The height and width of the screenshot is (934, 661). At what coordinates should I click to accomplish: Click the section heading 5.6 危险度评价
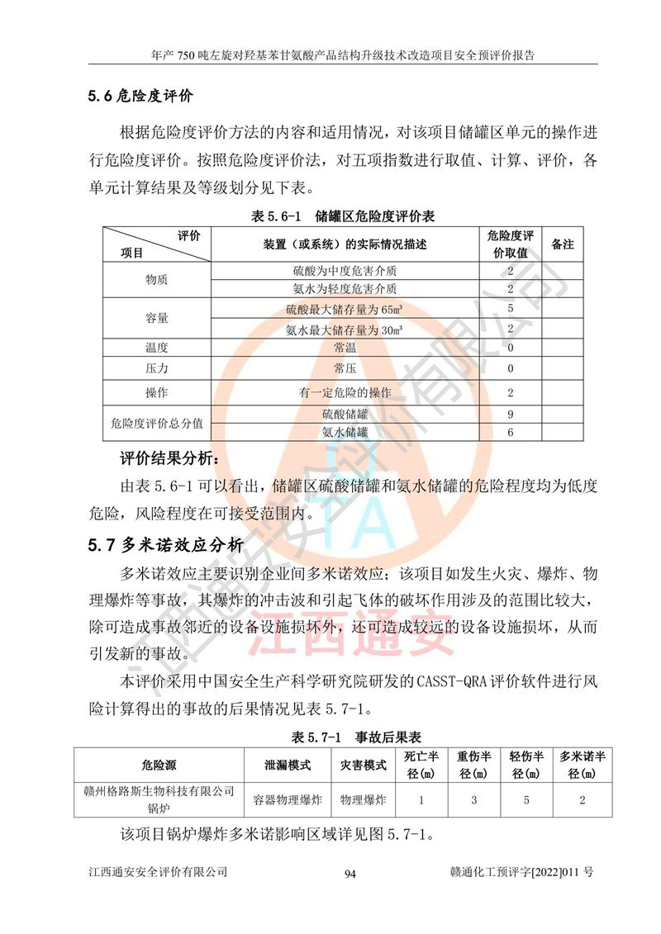coord(140,96)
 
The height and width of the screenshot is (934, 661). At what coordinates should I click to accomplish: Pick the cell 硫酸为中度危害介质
coord(345,271)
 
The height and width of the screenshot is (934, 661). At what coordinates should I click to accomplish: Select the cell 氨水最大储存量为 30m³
coord(345,329)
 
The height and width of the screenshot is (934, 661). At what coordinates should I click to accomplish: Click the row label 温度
coord(156,348)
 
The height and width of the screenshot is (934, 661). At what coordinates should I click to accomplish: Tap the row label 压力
coord(156,368)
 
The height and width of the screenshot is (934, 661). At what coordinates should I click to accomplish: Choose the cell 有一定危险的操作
coord(345,391)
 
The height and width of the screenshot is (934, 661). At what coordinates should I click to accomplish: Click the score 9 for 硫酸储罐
coord(511,414)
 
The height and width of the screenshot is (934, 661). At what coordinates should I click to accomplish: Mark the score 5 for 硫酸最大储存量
coord(511,309)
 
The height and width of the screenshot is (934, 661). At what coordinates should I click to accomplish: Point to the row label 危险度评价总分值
coord(156,423)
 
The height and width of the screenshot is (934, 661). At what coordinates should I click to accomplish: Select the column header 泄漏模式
coord(287,766)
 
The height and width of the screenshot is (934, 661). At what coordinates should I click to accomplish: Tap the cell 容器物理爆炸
coord(287,799)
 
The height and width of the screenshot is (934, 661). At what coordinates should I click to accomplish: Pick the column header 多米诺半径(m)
coord(583,765)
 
